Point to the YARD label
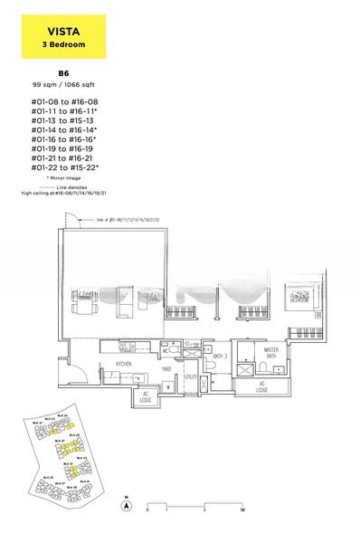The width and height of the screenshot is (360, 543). click(166, 369)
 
